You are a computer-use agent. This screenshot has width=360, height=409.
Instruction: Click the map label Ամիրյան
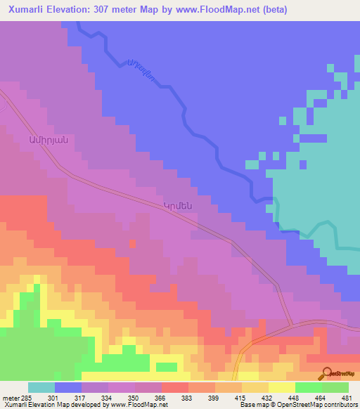[48, 138]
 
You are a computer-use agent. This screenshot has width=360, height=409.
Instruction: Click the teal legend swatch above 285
[41, 387]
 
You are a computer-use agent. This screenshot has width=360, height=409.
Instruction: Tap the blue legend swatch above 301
[68, 387]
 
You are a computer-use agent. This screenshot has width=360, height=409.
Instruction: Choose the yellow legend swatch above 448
[281, 387]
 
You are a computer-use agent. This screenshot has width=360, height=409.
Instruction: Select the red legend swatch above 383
[175, 387]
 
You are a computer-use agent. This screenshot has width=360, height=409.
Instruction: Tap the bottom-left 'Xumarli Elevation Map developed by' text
[53, 405]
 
